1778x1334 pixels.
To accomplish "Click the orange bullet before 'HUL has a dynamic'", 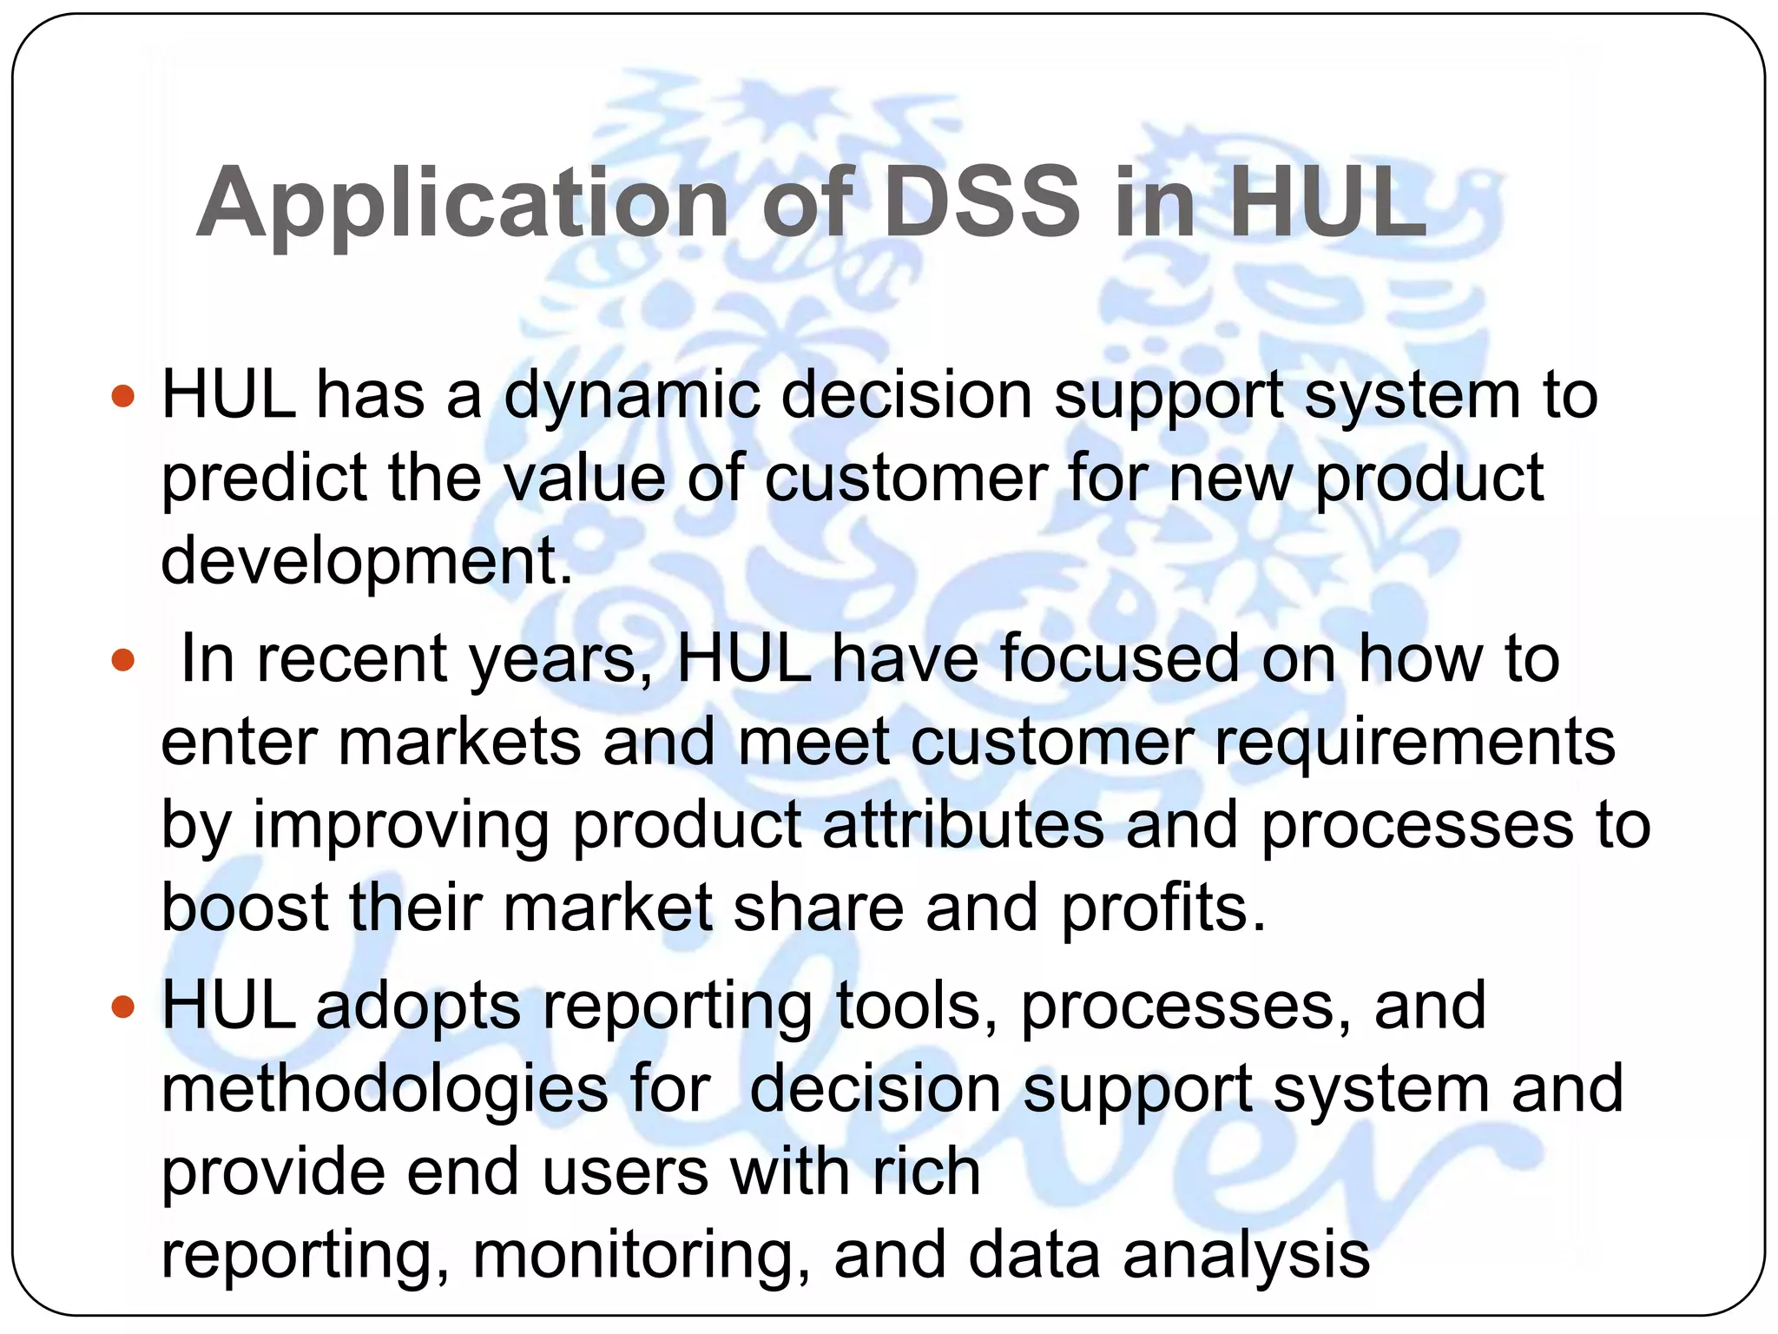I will click(124, 397).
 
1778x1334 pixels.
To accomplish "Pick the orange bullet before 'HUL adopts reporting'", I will click(124, 1007).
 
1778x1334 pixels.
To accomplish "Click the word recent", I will click(352, 659).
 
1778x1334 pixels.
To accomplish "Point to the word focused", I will click(1120, 659).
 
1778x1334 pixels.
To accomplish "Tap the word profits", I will click(1163, 908).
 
